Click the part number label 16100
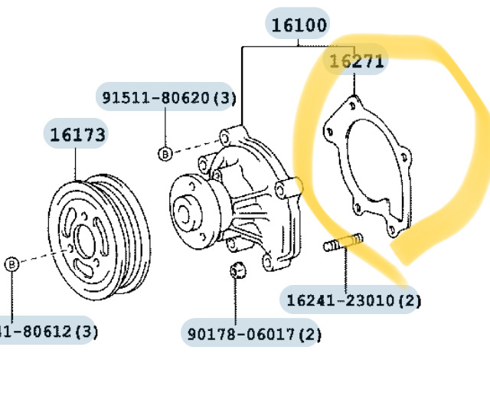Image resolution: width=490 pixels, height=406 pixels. tap(299, 25)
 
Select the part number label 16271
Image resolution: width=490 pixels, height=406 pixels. tap(357, 61)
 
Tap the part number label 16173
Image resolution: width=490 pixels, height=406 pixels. tap(77, 135)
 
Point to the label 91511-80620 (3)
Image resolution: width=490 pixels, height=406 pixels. tap(169, 97)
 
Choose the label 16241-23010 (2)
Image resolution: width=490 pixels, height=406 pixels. tap(354, 300)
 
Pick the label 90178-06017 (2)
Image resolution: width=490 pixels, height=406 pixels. tap(254, 334)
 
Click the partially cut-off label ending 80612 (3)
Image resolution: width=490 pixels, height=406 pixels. tap(48, 332)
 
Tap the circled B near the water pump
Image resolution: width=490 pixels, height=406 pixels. tap(165, 154)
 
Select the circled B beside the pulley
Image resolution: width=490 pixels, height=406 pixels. tap(12, 264)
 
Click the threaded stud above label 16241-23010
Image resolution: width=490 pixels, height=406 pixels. tap(343, 242)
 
